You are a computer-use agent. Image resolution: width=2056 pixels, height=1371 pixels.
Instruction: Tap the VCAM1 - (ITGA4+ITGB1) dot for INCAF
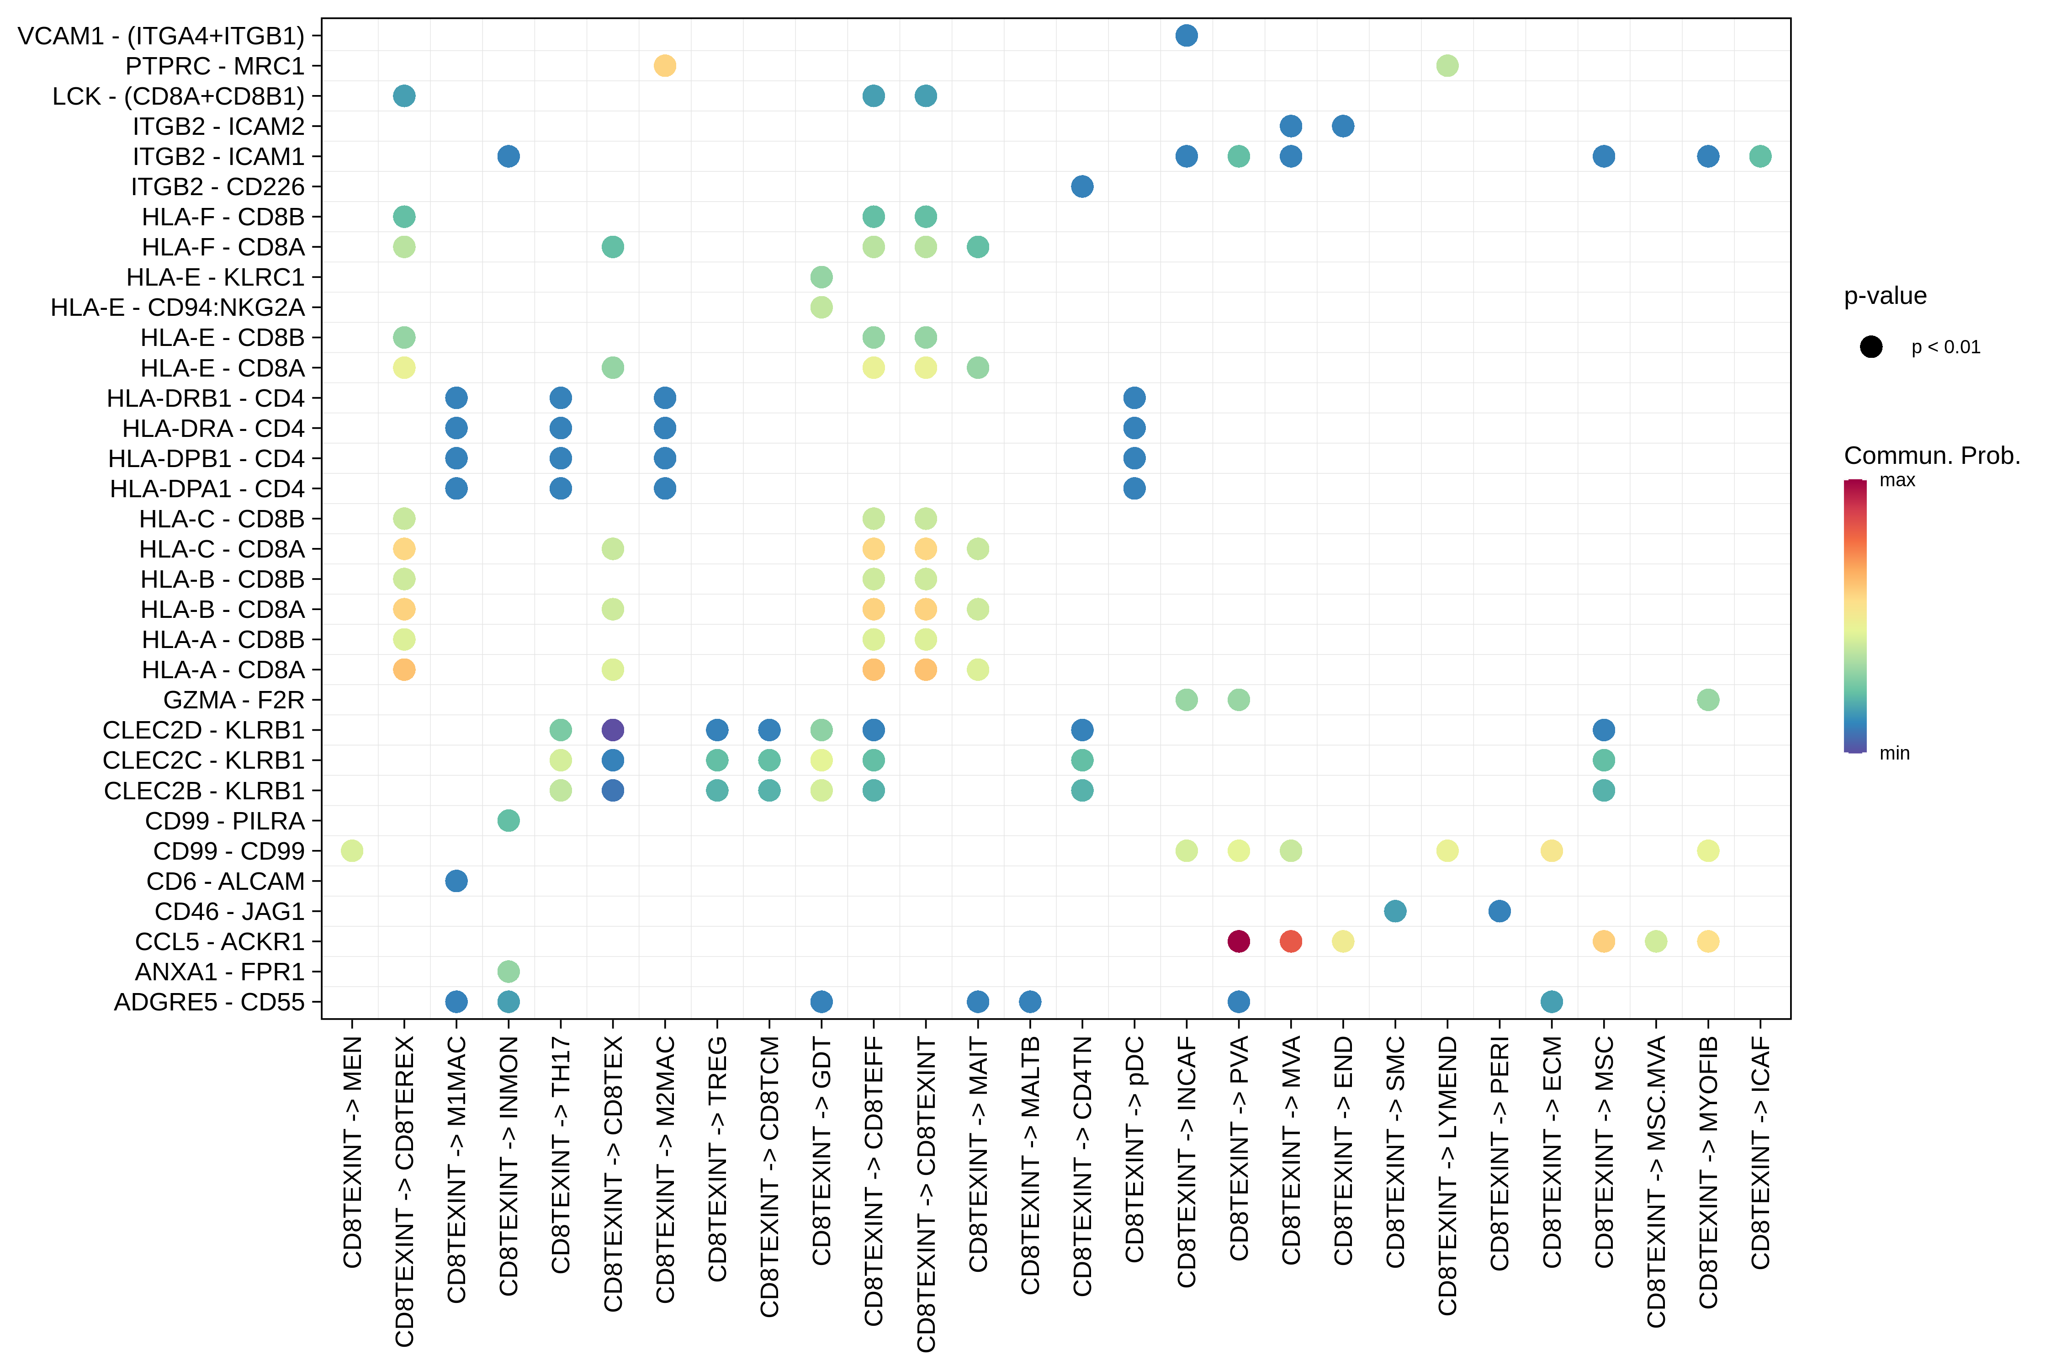pyautogui.click(x=1186, y=36)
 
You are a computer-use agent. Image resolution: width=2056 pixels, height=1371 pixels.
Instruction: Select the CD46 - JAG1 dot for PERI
pyautogui.click(x=1499, y=911)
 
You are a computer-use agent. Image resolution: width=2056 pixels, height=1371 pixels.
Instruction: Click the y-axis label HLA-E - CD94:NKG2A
pyautogui.click(x=177, y=308)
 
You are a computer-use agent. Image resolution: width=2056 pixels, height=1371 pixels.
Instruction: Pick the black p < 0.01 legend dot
pyautogui.click(x=1871, y=347)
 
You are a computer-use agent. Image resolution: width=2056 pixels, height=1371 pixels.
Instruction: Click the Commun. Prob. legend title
pyautogui.click(x=1932, y=456)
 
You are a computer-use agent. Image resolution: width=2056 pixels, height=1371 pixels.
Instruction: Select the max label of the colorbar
pyautogui.click(x=1897, y=480)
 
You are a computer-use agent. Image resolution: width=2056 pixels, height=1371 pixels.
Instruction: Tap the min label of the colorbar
pyautogui.click(x=1894, y=753)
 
